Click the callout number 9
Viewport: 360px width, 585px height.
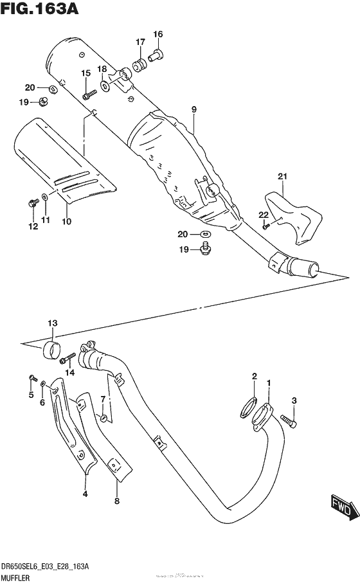[x=193, y=110]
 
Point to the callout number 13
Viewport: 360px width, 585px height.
[x=52, y=323]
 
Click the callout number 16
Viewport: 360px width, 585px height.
[x=157, y=34]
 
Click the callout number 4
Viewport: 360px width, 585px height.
[x=85, y=494]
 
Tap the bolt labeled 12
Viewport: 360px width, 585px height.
[x=31, y=204]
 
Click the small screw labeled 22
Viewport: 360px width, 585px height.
[x=266, y=225]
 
